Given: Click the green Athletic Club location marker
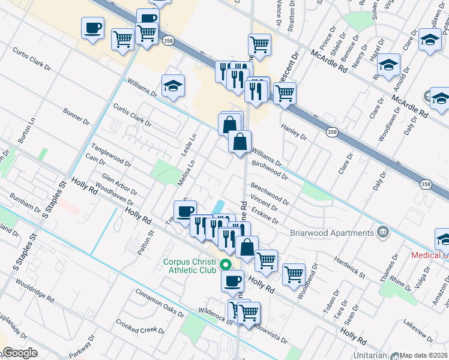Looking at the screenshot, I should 226,264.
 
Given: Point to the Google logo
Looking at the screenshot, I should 19,353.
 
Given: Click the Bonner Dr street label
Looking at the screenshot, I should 76,116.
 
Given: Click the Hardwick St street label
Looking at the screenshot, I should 350,265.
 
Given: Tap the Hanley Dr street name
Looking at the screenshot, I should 294,131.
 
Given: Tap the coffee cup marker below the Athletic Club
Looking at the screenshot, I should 233,280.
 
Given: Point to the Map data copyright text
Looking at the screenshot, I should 424,355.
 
